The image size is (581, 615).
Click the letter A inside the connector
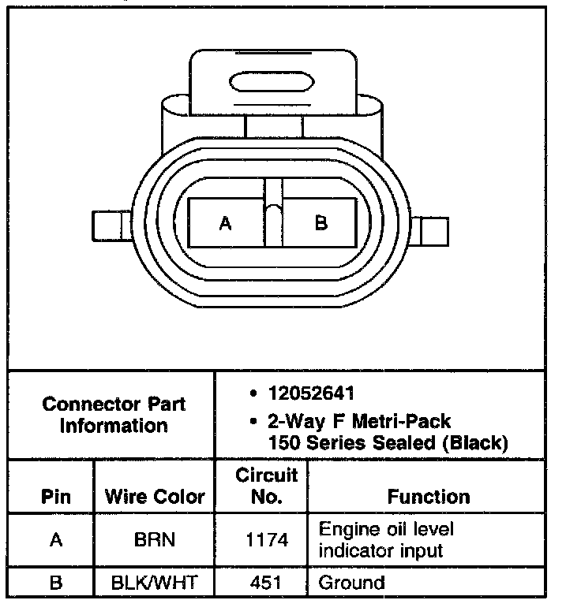[225, 223]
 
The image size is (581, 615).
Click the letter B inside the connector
[321, 223]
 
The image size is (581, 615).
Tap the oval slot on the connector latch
[272, 82]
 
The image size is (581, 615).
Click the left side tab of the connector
[112, 226]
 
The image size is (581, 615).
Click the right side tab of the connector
[429, 231]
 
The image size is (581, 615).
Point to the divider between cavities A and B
[274, 213]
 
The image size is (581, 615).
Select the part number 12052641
[311, 393]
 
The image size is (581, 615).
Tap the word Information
[114, 426]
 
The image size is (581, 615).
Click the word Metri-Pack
[401, 422]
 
